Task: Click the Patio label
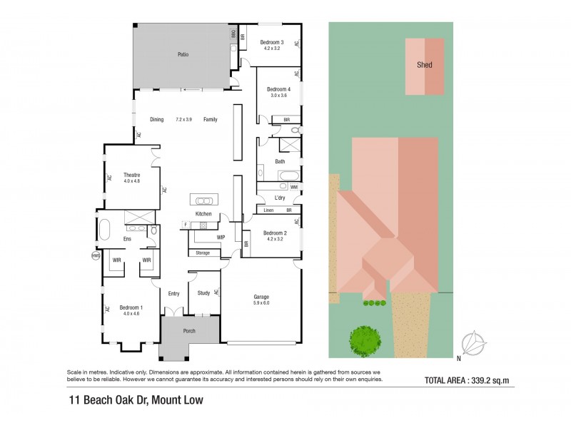pos(183,54)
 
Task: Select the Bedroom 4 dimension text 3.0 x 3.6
pos(277,95)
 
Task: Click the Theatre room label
pos(131,175)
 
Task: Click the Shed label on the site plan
pos(425,65)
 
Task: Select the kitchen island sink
pos(204,200)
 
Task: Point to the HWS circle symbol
pos(96,255)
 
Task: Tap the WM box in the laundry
pos(294,187)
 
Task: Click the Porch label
pos(189,331)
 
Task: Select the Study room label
pos(203,292)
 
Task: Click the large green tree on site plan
pos(364,340)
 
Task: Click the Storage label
pos(203,253)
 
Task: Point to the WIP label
pos(221,237)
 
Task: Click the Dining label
pos(157,120)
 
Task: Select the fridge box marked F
pos(186,225)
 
